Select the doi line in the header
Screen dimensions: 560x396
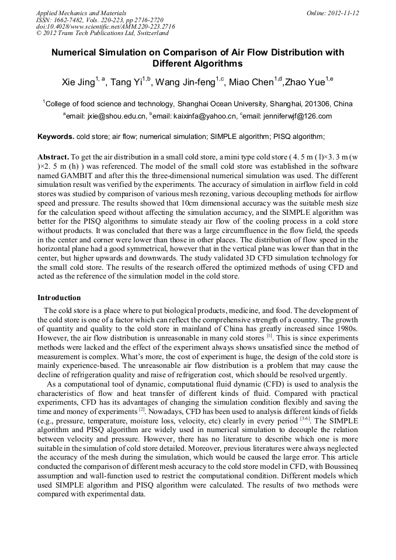click(105, 27)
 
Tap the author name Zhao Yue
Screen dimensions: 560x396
click(303, 82)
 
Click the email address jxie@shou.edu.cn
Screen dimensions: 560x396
click(114, 116)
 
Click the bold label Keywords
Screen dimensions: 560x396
click(55, 137)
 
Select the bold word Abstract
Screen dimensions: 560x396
click(53, 158)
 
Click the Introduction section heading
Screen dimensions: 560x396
click(59, 298)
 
